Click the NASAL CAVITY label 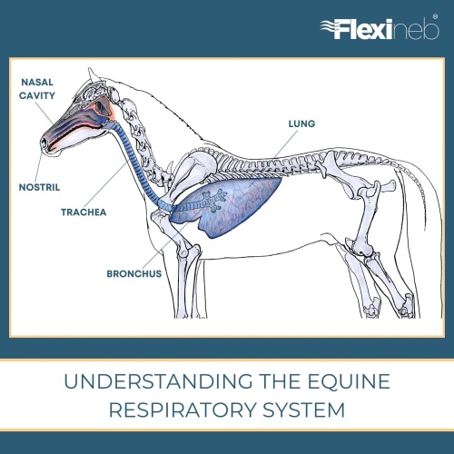coord(37,89)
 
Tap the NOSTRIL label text coord(39,187)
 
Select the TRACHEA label coord(84,212)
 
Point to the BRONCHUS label coord(134,274)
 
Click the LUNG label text coord(301,123)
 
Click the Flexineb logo coord(380,28)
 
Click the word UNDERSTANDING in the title coord(158,381)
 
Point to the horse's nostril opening coord(44,143)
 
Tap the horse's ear coord(92,74)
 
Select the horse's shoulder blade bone coord(193,171)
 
